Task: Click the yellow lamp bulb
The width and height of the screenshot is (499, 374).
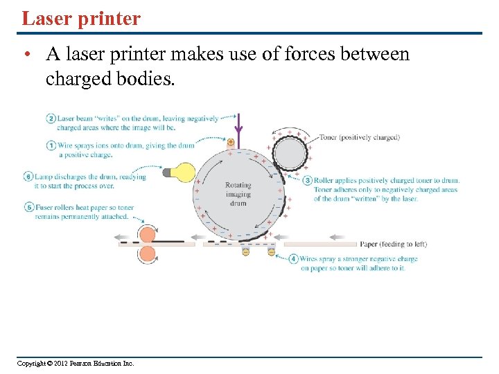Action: click(183, 172)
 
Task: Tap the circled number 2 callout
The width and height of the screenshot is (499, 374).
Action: click(51, 118)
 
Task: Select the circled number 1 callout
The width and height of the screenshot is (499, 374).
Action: click(51, 145)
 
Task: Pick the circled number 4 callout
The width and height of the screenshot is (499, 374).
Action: click(293, 259)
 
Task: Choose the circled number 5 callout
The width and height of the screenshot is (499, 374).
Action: click(29, 207)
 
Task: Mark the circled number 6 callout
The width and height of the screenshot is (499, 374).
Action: click(29, 176)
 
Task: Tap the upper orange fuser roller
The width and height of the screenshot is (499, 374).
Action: click(148, 233)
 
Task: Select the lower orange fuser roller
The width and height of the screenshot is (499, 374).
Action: click(148, 253)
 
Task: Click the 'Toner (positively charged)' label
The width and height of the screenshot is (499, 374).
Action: click(359, 137)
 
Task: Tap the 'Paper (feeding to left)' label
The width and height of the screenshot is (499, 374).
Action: click(393, 244)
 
